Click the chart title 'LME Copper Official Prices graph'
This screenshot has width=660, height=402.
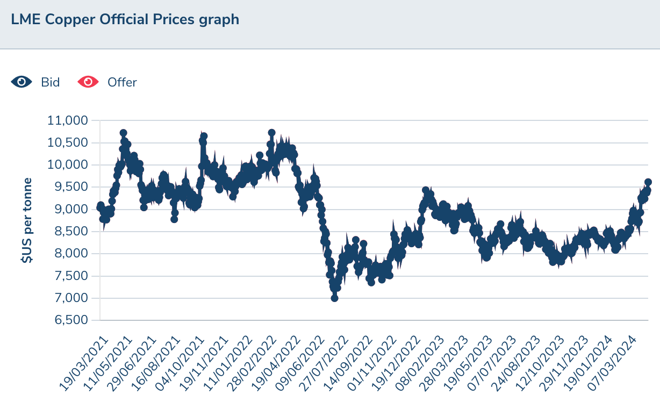125,20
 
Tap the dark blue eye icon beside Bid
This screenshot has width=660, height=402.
21,82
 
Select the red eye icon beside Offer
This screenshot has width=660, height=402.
88,82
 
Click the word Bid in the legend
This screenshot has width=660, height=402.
51,83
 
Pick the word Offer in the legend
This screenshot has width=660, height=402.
122,83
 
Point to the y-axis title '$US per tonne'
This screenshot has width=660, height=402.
26,220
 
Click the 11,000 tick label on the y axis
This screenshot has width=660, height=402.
68,120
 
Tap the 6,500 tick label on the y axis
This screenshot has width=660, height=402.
71,320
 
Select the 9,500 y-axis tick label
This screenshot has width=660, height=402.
71,187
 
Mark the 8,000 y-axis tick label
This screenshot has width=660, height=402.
71,254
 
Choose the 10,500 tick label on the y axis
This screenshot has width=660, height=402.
68,142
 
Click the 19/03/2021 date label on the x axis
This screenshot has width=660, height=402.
84,363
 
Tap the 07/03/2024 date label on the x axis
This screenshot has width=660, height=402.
612,363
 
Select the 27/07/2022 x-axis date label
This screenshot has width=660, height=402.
324,363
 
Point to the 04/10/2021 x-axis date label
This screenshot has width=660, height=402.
180,363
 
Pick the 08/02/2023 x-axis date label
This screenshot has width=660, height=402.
420,363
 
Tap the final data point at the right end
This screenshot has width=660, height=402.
648,182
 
